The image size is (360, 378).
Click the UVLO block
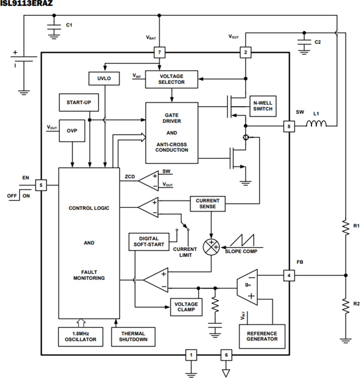(104, 78)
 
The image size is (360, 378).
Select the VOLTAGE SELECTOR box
(171, 79)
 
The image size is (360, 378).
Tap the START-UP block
(79, 102)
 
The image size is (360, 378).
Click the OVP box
(72, 130)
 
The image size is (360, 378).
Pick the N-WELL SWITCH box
(263, 106)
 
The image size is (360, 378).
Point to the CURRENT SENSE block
(207, 204)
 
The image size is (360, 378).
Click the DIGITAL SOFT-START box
(149, 242)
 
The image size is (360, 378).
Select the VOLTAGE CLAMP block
(186, 307)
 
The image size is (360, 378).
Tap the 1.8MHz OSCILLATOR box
(80, 337)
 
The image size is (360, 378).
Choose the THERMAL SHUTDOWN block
(133, 337)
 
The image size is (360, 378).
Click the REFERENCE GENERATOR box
(262, 336)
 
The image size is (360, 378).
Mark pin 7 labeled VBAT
(159, 52)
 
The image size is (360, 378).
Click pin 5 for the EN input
(41, 185)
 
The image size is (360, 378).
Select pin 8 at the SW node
(289, 126)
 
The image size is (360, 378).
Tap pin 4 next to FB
(289, 276)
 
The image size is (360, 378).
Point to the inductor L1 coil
(316, 124)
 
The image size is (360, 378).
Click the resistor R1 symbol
(346, 228)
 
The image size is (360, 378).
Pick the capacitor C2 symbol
(304, 43)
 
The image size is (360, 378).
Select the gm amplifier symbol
(247, 287)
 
